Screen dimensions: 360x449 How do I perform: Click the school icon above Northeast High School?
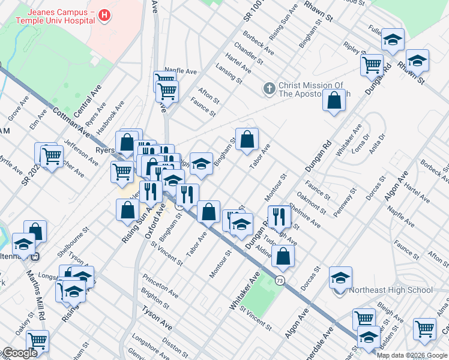pos(340,277)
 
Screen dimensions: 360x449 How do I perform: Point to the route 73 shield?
pos(280,280)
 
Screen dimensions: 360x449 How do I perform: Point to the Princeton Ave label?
pos(160,287)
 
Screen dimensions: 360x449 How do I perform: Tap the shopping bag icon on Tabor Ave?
pos(247,140)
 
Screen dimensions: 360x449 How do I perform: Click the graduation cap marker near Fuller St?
pos(393,39)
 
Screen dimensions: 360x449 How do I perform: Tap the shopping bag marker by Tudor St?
pos(283,256)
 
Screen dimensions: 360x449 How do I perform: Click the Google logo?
pos(19,353)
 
